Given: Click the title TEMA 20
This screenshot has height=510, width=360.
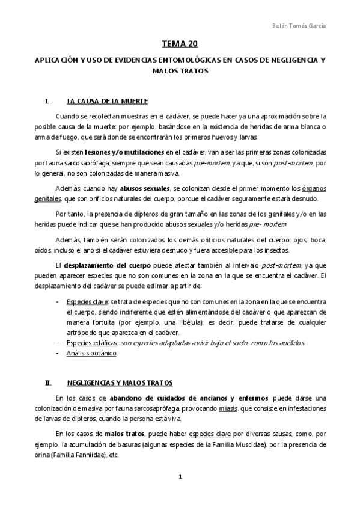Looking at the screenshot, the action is point(180,44).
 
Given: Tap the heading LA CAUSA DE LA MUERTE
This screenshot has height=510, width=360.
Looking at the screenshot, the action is point(108,100).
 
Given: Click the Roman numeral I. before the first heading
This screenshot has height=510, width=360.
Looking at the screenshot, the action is point(47,100).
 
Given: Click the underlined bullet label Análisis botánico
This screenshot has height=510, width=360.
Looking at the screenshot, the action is point(92,353).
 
